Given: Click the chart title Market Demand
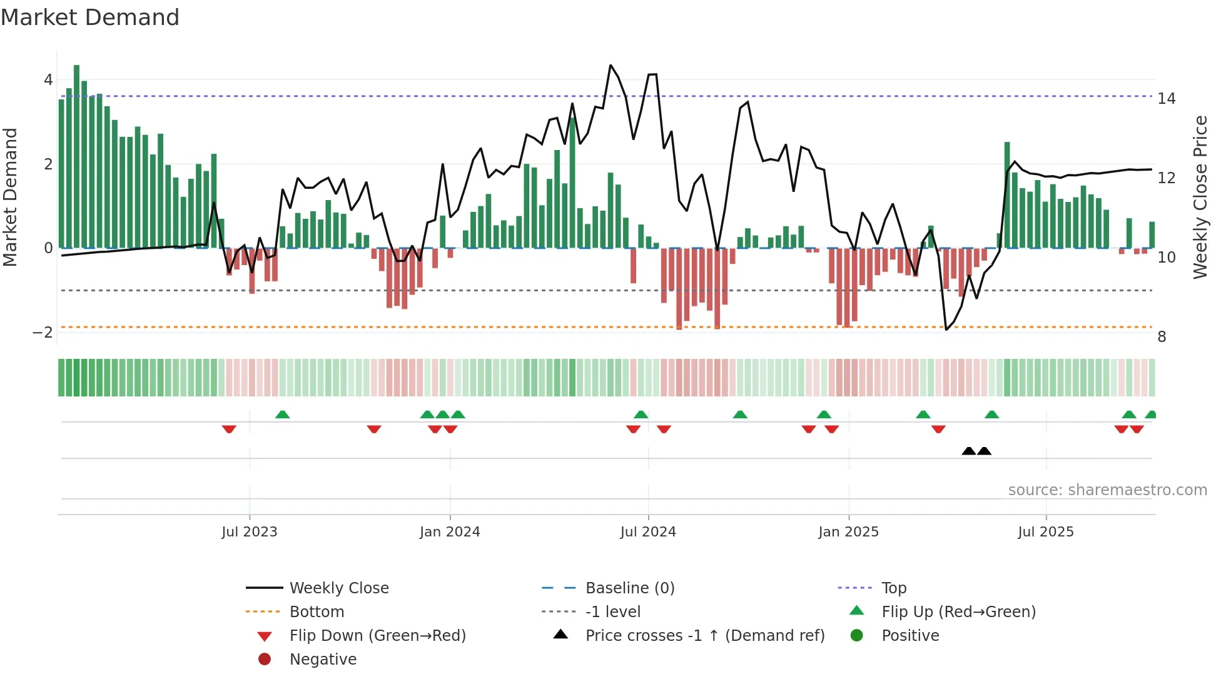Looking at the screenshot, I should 90,18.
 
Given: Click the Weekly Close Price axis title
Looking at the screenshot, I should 1200,197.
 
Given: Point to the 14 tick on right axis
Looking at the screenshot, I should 1166,99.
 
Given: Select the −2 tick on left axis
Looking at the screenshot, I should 43,333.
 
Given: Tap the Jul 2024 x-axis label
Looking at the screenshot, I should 648,532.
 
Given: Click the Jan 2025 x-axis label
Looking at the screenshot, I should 848,532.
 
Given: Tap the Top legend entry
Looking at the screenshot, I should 893,588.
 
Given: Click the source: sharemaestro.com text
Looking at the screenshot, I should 1107,490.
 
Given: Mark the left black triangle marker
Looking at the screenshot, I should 968,451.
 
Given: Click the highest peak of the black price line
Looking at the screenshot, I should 610,66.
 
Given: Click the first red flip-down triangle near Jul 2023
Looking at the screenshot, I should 229,429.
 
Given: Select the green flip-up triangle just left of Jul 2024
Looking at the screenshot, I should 641,415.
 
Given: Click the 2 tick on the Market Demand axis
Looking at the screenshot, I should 48,164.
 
